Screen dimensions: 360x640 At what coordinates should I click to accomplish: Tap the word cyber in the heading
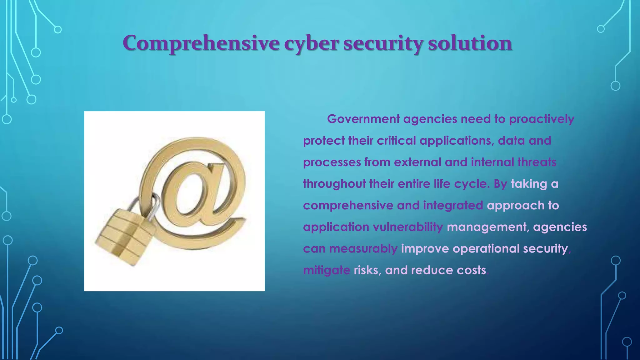[x=311, y=44]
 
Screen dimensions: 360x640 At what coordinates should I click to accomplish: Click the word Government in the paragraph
[x=363, y=119]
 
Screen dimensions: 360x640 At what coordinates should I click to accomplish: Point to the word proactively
[x=542, y=119]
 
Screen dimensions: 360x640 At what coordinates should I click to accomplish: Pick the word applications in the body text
[x=457, y=141]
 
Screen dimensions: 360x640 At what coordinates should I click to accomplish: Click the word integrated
[x=453, y=206]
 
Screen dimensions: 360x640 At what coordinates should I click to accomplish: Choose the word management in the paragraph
[x=488, y=227]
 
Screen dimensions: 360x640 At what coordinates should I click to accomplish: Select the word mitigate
[x=326, y=270]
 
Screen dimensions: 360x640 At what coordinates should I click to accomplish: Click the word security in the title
[x=383, y=44]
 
